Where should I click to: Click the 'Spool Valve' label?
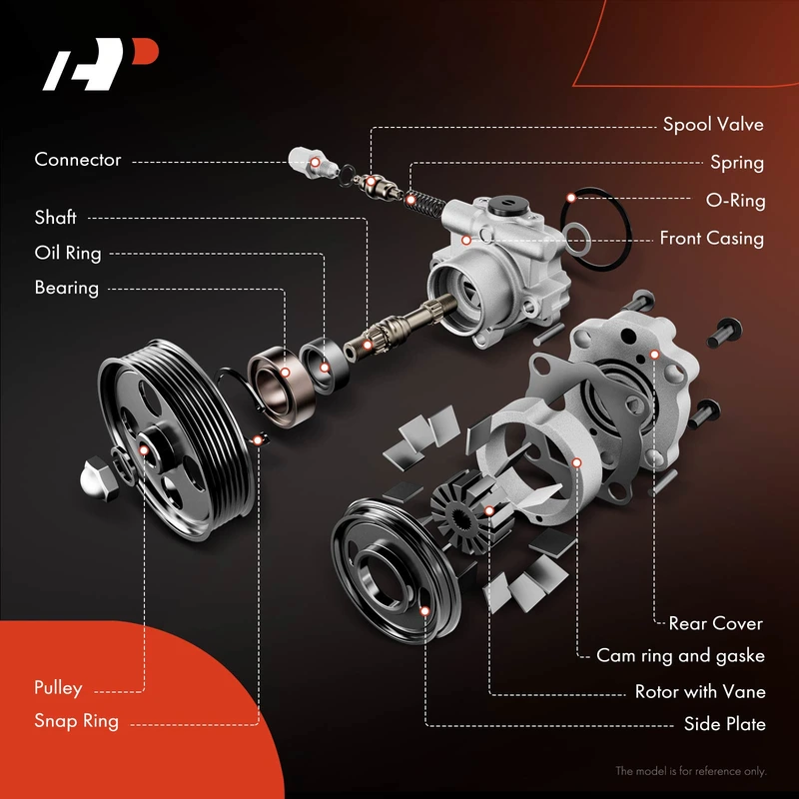[x=713, y=125]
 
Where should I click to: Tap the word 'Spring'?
[x=736, y=163]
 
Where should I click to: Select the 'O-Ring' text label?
[x=735, y=201]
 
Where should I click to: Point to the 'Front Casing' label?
[x=711, y=239]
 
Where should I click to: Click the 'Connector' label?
[x=78, y=160]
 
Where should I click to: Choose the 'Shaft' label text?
[x=56, y=218]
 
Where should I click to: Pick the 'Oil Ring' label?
[x=68, y=254]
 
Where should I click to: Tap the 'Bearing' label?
[x=67, y=289]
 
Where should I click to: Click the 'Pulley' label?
[x=58, y=688]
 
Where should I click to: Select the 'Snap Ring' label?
[x=76, y=721]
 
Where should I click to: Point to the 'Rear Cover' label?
[x=715, y=624]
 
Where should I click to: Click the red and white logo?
[x=99, y=66]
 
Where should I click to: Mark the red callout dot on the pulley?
[x=145, y=450]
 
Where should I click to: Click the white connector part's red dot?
[x=312, y=161]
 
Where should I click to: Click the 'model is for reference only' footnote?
[x=690, y=771]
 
